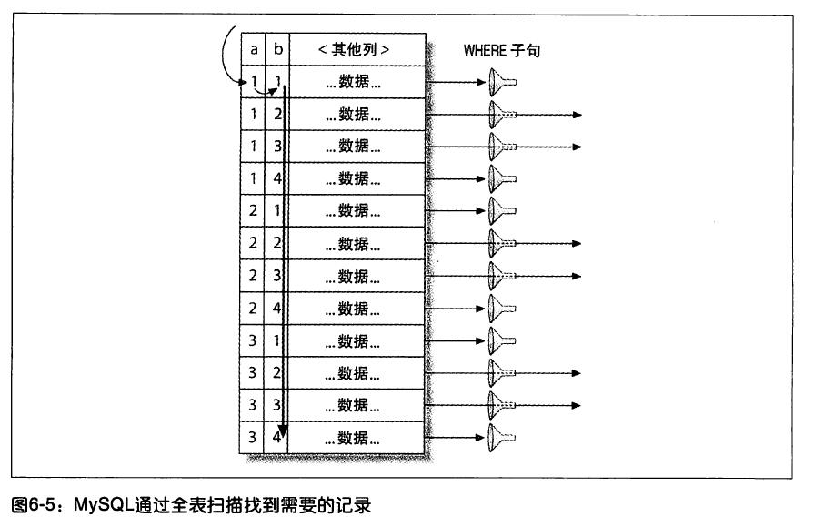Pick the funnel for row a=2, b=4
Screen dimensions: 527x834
click(497, 309)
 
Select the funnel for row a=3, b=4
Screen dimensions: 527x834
click(497, 438)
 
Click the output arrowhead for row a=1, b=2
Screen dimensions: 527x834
click(576, 116)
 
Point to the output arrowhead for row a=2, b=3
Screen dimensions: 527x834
click(576, 277)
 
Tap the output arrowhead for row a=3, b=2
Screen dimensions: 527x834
click(576, 373)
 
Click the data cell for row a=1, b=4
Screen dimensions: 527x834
click(356, 179)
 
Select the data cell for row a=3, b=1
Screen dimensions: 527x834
click(356, 341)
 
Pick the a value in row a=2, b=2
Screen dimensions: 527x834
click(254, 244)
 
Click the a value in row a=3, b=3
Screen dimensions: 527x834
click(254, 405)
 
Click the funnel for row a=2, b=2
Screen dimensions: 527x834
click(497, 244)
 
